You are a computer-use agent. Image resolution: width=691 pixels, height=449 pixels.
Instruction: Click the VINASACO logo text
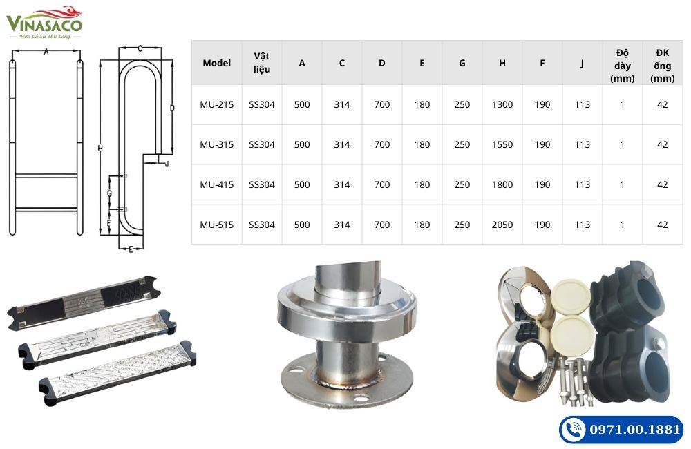coord(44,25)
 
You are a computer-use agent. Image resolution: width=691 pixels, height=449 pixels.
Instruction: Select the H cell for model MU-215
coord(502,105)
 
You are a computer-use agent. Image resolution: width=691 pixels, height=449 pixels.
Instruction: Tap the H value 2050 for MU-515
coord(502,224)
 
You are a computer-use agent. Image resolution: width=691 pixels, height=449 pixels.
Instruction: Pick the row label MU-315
coord(216,145)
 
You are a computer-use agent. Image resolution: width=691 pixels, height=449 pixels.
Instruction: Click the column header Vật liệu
coord(262,63)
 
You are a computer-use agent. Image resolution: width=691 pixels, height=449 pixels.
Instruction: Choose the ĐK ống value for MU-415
coord(662,184)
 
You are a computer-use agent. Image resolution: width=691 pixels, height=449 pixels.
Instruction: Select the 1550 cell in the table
coord(502,145)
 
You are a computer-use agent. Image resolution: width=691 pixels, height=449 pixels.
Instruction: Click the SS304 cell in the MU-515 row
coord(262,224)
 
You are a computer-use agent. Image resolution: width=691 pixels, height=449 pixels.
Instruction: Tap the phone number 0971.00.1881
coord(635,430)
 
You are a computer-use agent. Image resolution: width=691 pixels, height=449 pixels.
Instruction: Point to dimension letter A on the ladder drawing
coord(46,52)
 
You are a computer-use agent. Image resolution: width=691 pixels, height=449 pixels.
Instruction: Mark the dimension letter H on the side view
coord(100,149)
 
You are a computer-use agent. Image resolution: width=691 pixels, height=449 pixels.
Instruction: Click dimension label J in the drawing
coord(167,164)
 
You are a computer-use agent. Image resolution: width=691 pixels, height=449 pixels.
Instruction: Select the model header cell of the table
coord(216,63)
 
